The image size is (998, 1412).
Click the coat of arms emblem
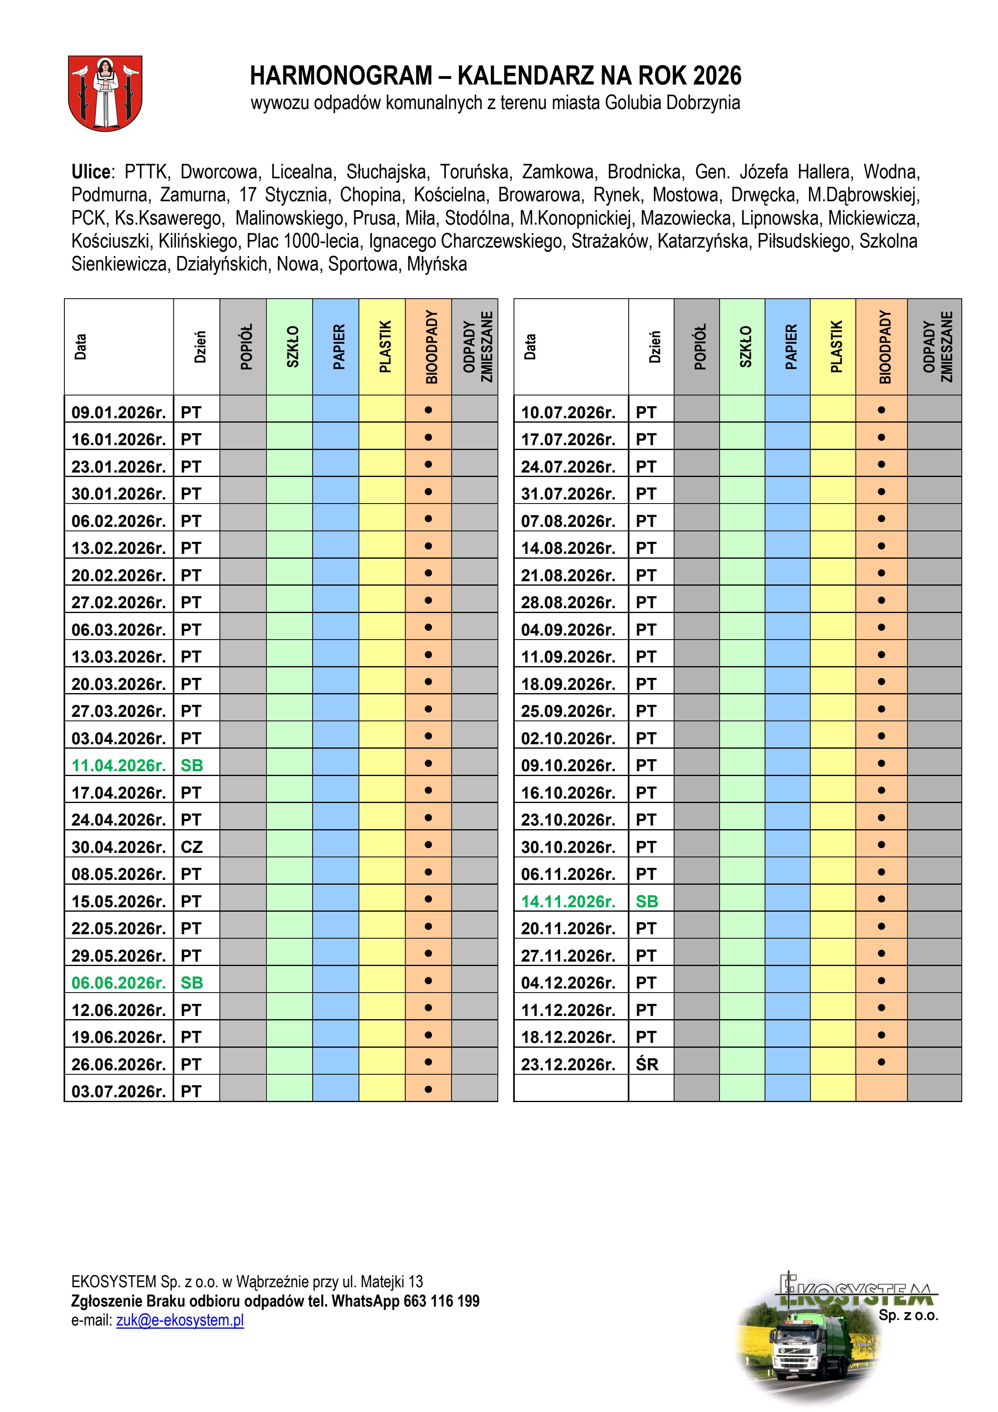click(x=105, y=93)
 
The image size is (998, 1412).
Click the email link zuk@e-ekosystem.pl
click(x=180, y=1320)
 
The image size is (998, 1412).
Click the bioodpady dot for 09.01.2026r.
click(x=429, y=410)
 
